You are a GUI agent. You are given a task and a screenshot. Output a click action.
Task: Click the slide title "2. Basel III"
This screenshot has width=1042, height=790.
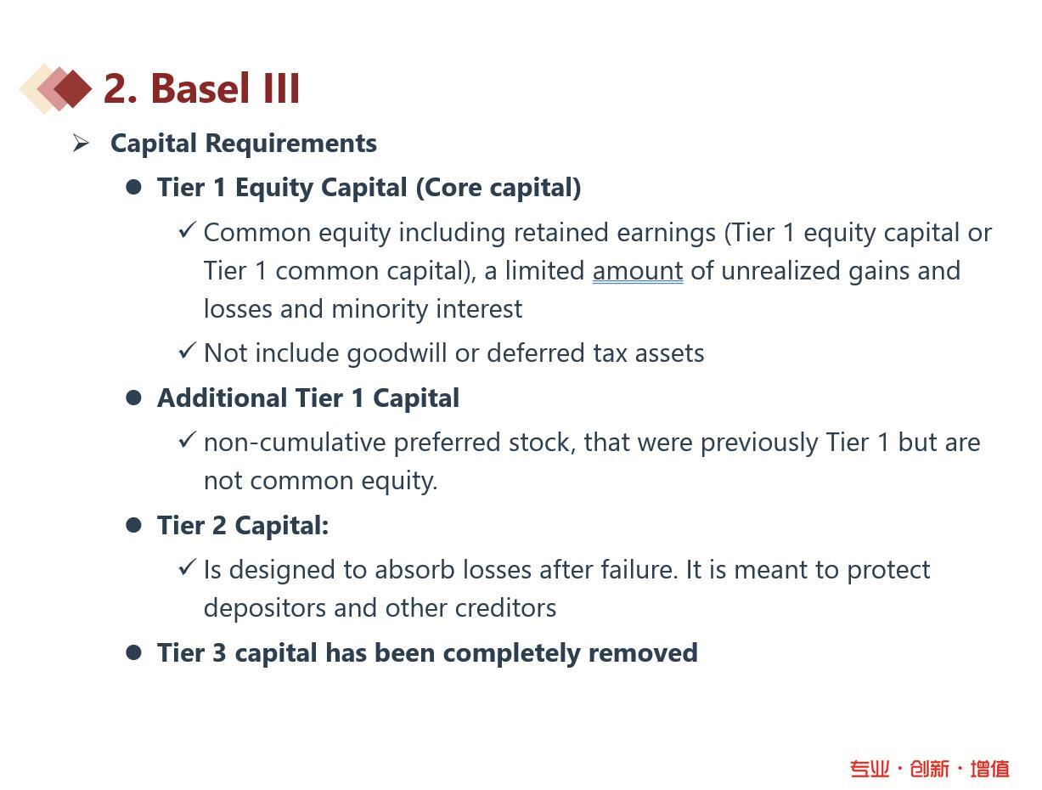pos(201,89)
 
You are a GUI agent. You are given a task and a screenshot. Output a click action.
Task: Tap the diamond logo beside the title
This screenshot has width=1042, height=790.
pos(55,89)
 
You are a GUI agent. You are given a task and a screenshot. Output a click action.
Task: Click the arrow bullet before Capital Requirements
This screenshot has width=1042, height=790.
pos(80,143)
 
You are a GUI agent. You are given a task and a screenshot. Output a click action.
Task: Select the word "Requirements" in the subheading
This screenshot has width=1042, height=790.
pos(290,144)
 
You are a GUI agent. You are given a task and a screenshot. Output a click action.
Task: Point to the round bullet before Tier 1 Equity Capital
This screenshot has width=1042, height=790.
pos(133,187)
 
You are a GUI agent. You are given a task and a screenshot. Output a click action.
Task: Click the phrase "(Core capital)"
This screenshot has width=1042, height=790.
pos(498,188)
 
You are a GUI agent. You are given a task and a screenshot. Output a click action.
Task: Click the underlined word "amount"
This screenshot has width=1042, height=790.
pos(638,271)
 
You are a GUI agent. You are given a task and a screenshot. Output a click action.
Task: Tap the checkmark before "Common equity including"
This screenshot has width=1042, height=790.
pos(188,230)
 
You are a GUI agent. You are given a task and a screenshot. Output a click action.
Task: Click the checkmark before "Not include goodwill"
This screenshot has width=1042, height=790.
pos(188,351)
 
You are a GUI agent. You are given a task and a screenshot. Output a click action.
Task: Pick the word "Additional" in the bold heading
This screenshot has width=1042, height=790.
pos(222,398)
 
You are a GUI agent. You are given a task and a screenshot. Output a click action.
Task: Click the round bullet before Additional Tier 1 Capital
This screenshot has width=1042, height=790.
pos(133,398)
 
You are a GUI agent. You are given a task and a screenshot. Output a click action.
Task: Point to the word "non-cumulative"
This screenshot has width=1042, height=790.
pos(295,443)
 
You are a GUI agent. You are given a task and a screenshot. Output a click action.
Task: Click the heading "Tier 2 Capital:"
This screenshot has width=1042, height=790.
pos(243,526)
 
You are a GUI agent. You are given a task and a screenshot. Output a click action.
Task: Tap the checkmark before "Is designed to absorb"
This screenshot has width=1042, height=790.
pos(188,567)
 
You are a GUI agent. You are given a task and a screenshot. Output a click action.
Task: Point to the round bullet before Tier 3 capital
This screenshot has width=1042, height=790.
pos(133,652)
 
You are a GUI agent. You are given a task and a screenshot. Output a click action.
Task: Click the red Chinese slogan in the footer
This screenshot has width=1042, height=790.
pos(930,769)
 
